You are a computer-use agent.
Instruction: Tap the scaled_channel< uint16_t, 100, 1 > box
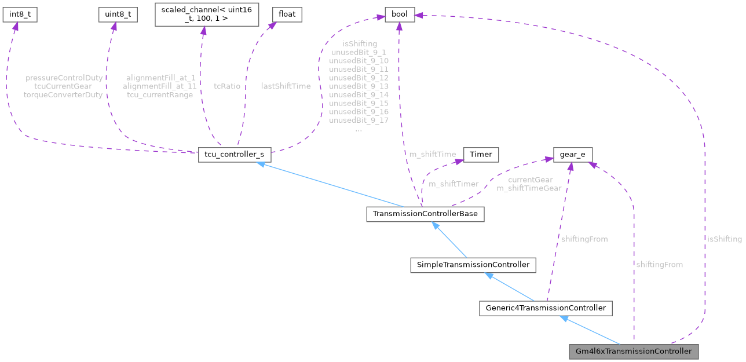click(206, 16)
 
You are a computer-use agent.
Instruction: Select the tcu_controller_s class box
click(235, 155)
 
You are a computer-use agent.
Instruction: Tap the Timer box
click(480, 155)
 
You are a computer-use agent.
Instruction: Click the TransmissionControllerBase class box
click(425, 214)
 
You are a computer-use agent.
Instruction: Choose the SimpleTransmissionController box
click(472, 265)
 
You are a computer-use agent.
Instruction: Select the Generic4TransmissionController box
click(545, 308)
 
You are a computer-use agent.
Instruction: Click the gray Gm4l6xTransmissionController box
click(634, 352)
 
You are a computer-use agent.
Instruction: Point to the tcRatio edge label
click(227, 86)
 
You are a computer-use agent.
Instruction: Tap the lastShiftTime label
click(286, 86)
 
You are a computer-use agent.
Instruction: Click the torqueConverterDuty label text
click(63, 95)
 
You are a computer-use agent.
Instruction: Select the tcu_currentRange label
click(160, 95)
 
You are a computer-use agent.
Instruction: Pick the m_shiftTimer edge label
click(454, 184)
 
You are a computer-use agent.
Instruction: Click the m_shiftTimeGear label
click(529, 188)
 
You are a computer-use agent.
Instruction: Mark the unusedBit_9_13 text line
click(359, 86)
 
